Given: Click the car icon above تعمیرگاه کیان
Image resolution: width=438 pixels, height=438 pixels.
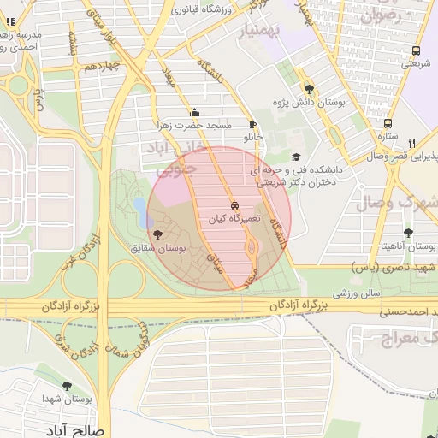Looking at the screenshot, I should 234,206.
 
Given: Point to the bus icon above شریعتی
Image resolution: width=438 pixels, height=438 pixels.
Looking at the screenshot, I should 416,50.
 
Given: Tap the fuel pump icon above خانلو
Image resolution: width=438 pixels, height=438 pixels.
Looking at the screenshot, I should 252,124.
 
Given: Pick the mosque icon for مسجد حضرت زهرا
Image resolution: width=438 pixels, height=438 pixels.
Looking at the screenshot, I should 195,112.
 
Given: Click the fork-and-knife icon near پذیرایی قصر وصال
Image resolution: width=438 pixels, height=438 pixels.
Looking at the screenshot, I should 411,143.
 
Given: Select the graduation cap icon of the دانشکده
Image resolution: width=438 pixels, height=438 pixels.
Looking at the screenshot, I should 296,157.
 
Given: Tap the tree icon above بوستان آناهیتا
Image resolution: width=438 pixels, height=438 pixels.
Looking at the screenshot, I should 408,233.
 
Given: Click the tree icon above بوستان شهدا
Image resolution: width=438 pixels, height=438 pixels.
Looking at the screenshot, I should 67,386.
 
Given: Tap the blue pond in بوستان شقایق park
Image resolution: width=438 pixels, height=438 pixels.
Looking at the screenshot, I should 139,208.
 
